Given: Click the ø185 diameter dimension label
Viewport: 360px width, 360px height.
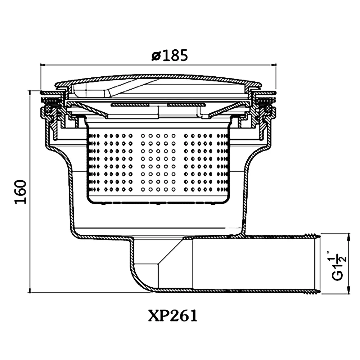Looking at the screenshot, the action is [x=170, y=55].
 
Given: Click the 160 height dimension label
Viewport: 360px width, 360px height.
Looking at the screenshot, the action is [x=21, y=192].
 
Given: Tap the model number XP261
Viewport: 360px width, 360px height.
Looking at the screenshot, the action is [x=173, y=316].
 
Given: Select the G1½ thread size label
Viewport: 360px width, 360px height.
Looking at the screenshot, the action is [x=338, y=266].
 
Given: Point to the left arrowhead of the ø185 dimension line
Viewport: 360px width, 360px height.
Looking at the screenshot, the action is [x=43, y=65].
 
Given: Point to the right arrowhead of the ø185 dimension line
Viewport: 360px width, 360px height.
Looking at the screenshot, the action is [x=274, y=65].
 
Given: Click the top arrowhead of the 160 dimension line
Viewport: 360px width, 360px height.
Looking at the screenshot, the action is [x=30, y=93].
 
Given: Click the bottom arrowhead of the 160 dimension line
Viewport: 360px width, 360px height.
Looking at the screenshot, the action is [x=30, y=290].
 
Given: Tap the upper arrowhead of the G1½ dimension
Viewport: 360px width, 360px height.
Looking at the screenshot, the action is [x=349, y=237].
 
